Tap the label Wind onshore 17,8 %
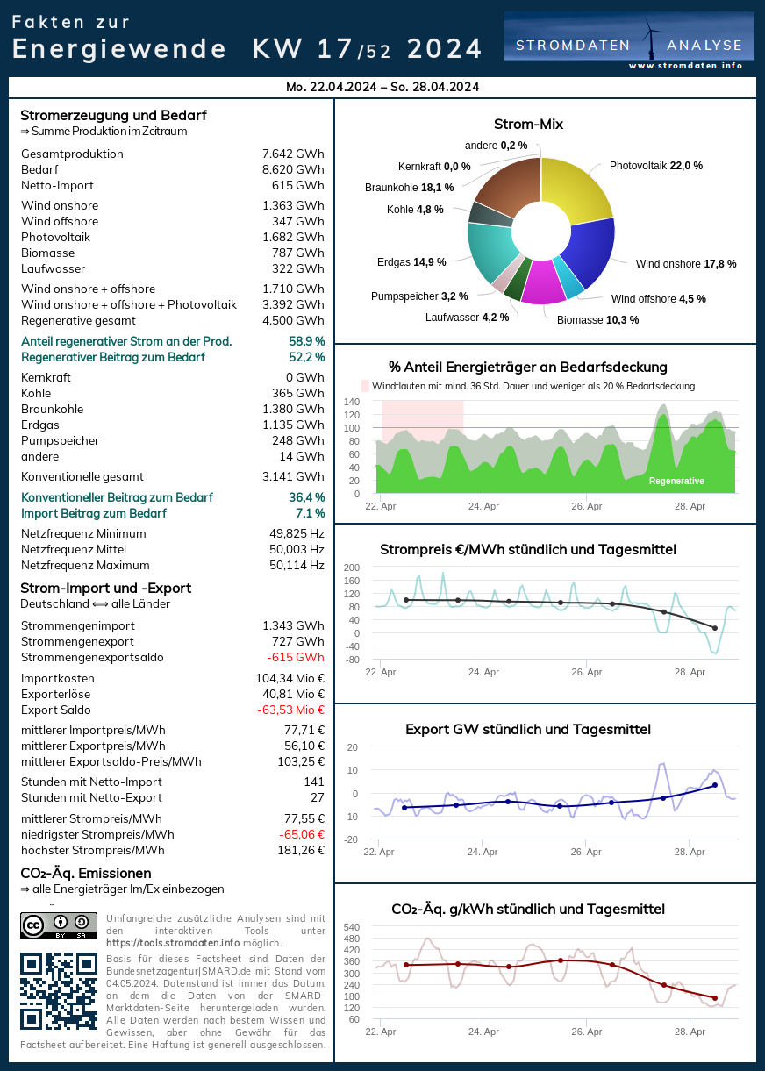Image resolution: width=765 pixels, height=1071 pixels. pos(686,263)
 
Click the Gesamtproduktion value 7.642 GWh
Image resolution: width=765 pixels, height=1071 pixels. pos(293,154)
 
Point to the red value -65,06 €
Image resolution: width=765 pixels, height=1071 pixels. pos(297,835)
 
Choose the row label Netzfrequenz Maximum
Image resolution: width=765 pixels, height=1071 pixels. pos(85,566)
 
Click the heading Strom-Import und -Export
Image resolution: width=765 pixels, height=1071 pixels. pos(105,589)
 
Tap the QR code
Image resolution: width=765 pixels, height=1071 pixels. pos(59,991)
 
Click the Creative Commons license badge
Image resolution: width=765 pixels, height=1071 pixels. pos(59,925)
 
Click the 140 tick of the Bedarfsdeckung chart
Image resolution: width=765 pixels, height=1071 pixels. pos(352,402)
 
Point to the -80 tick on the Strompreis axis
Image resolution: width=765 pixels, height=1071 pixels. pos(352,660)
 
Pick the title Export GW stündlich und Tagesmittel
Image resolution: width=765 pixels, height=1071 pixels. pos(527,730)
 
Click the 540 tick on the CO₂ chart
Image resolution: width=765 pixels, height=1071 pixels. pos(351,927)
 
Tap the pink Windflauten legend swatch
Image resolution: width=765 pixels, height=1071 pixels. pos(366,386)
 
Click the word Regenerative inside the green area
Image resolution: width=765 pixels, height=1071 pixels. pos(676,482)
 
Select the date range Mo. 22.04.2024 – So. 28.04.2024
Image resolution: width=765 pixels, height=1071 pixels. pos(382,87)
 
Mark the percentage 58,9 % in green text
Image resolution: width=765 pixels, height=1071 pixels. pos(306,341)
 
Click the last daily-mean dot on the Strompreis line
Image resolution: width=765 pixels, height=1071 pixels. pos(715,628)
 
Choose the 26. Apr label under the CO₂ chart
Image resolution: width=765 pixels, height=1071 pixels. pos(586,1032)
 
